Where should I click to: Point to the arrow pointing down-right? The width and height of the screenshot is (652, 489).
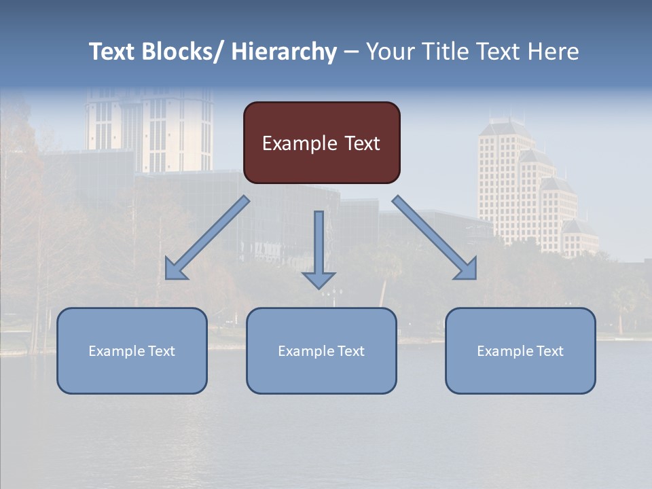(x=432, y=235)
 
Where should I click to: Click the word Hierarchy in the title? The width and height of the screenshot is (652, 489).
(x=284, y=52)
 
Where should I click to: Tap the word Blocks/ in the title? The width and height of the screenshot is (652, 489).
(x=184, y=52)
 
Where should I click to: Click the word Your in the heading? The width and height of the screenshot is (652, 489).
(x=390, y=52)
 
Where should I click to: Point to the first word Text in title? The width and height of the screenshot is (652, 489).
(x=113, y=52)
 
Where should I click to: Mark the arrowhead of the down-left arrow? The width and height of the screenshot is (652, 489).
(x=175, y=270)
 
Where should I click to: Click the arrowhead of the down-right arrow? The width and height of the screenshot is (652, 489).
(x=467, y=270)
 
